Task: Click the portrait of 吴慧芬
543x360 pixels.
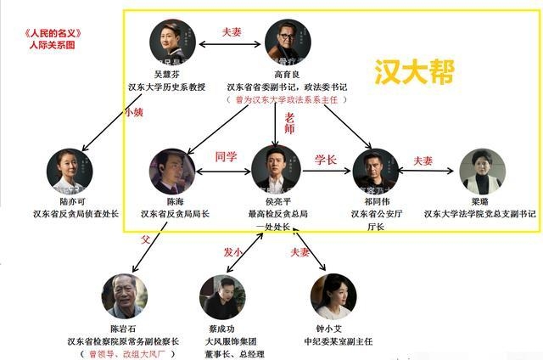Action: coord(172,40)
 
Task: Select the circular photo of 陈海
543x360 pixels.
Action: coord(172,172)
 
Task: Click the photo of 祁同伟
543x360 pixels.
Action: coord(375,172)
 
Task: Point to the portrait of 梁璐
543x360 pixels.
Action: coord(480,172)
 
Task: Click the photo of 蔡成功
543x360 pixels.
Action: coord(222,296)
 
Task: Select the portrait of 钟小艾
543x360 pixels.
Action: coord(332,295)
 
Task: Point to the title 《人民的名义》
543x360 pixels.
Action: coord(59,33)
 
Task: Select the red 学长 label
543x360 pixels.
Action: coord(326,159)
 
